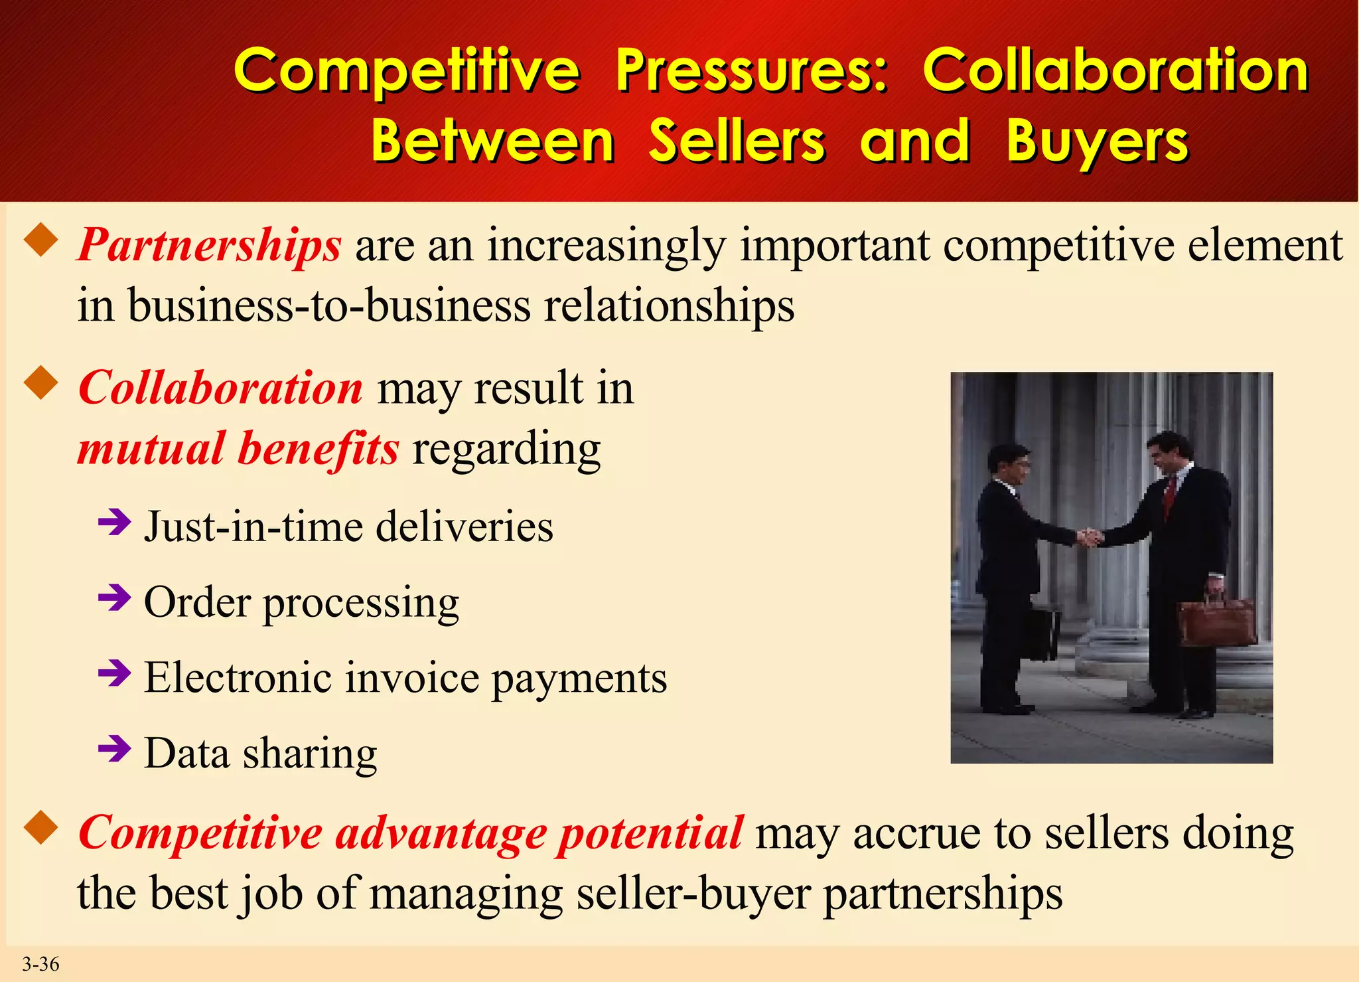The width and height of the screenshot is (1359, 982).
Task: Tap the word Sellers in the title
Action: (737, 141)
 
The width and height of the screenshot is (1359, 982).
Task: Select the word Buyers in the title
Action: (1097, 141)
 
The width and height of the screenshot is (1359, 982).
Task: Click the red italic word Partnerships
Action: (210, 245)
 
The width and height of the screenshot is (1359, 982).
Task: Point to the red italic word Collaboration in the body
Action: (220, 388)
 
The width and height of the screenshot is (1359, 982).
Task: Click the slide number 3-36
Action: (40, 964)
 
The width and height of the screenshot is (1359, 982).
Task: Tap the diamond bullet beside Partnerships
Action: (41, 240)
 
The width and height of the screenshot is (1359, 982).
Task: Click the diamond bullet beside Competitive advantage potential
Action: (41, 827)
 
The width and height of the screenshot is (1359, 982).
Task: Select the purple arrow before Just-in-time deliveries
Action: (113, 523)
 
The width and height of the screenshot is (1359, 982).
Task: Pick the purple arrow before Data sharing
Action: (113, 749)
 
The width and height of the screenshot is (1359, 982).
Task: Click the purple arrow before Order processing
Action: (113, 598)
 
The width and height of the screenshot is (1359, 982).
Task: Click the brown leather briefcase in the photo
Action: (1216, 621)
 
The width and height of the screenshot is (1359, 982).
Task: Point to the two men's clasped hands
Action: (1089, 536)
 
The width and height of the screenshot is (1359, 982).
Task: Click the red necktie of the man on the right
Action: (1170, 497)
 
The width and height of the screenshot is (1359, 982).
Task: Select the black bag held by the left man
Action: (1040, 633)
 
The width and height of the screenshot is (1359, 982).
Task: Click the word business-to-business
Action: (329, 307)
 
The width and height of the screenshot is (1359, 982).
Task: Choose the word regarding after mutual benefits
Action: (506, 449)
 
